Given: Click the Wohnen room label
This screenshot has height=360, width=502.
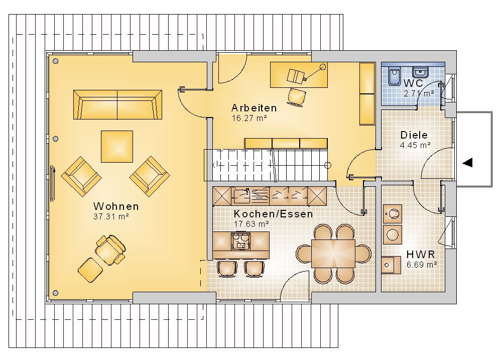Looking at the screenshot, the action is (116, 206).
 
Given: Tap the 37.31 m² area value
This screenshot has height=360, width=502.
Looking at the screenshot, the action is (111, 216).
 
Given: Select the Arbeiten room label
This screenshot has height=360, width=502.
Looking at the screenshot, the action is (254, 107).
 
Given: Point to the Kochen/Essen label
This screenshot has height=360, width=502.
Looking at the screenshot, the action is (273, 213).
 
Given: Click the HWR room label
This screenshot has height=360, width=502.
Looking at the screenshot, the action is (421, 255).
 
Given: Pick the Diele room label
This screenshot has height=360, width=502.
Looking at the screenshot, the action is (414, 135).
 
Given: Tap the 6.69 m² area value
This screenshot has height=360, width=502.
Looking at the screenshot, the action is (422, 265).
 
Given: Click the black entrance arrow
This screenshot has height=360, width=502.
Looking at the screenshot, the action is (467, 162).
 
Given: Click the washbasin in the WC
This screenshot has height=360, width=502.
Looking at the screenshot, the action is (420, 72).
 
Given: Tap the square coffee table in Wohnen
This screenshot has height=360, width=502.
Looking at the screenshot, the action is (117, 147).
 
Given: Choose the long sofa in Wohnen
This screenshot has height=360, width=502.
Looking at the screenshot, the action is (117, 105).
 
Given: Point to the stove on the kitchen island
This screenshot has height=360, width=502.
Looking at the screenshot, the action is (240, 241).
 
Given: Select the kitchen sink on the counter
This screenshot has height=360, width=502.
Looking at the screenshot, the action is (242, 196).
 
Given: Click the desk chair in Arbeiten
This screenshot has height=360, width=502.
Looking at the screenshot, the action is (297, 96).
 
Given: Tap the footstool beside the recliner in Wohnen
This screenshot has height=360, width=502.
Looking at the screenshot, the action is (90, 270).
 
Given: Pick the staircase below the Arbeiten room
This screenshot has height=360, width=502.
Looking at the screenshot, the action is (266, 165).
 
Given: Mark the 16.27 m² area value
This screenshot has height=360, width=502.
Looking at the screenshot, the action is (249, 118).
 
